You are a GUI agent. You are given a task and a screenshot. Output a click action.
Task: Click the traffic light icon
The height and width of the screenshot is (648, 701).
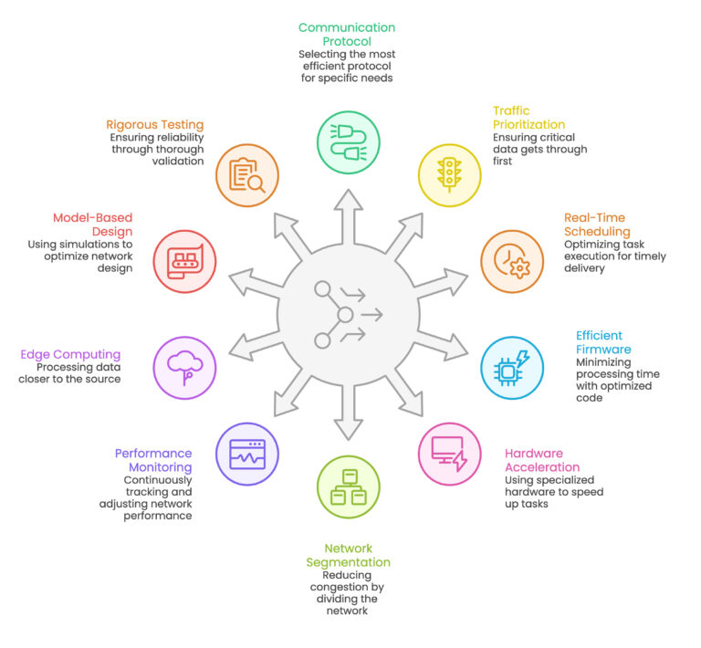[449, 175]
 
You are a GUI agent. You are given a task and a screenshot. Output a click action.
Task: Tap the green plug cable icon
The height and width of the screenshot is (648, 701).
[349, 142]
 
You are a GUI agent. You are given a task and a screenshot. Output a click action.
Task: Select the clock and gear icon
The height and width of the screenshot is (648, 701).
[512, 261]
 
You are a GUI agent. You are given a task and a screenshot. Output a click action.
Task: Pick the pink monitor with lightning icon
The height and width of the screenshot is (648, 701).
[449, 454]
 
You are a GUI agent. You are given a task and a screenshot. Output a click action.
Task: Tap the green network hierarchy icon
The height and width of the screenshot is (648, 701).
[349, 487]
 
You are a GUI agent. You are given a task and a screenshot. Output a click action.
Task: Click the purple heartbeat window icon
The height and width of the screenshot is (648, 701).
[247, 454]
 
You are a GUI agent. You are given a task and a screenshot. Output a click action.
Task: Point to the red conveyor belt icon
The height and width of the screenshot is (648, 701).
[184, 261]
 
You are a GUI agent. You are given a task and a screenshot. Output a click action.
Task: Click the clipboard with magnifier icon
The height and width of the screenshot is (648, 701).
[247, 175]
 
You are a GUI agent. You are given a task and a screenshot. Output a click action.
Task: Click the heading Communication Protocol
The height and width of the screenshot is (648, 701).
[347, 35]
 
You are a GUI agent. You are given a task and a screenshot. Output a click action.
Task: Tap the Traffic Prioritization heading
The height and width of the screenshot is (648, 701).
[528, 118]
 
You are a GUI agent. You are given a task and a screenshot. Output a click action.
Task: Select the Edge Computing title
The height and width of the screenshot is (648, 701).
[70, 354]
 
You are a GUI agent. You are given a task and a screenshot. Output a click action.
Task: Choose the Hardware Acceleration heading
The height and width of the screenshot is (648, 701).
[542, 460]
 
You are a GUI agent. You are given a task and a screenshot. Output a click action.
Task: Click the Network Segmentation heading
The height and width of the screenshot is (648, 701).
[349, 556]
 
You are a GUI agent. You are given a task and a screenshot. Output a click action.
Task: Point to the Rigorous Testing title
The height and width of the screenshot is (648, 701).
[154, 125]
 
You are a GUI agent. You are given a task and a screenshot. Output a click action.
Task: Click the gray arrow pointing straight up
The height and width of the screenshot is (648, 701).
[349, 216]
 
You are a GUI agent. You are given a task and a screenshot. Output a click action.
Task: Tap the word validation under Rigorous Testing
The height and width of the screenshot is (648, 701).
[178, 161]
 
